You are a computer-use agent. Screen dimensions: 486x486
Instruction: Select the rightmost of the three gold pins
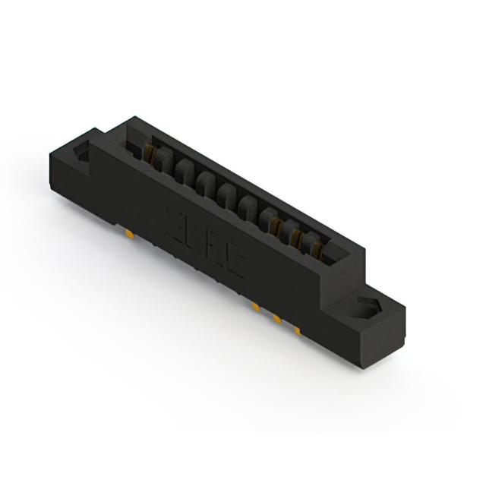pyautogui.click(x=297, y=331)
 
